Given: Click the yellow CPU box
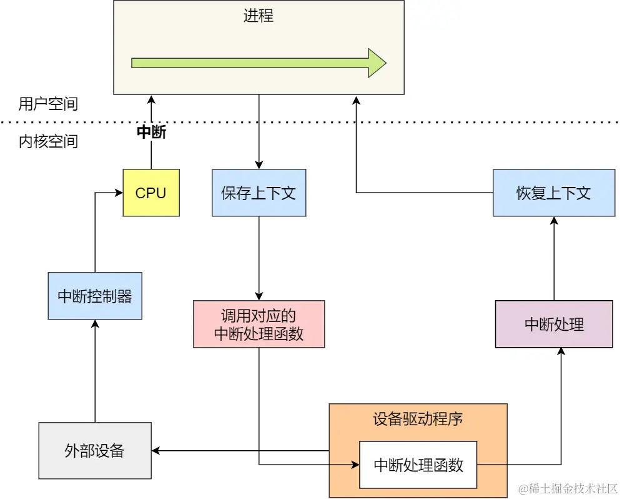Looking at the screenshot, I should pos(151,193).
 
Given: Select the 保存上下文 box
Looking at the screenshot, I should pos(259,193).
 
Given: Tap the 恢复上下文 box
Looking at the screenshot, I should pos(553,193).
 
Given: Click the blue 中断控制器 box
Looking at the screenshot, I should pos(95,296).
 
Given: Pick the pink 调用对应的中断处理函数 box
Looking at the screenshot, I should pos(259,324).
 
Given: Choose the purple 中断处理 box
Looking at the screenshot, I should pos(553,324).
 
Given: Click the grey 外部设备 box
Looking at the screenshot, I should pos(95,450).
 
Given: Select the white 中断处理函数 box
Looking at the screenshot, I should pos(418,465).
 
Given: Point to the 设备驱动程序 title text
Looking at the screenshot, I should pos(418,418).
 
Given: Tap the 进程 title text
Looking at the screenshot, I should pos(259,16).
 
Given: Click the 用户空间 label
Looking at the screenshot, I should pos(48,104).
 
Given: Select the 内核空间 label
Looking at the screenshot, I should pos(48,141).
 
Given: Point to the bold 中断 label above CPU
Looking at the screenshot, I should pos(151,133).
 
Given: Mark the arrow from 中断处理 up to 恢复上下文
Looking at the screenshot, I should pos(553,258).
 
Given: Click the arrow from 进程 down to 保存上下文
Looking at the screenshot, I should pos(259,131).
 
